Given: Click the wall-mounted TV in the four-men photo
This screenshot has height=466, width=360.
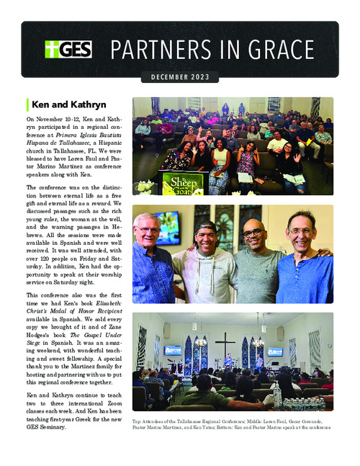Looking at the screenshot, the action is pos(166,227).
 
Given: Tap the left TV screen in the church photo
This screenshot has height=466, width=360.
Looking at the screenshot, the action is pos(173,351).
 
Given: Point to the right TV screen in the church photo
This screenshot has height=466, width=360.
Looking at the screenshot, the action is pos(274,352).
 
